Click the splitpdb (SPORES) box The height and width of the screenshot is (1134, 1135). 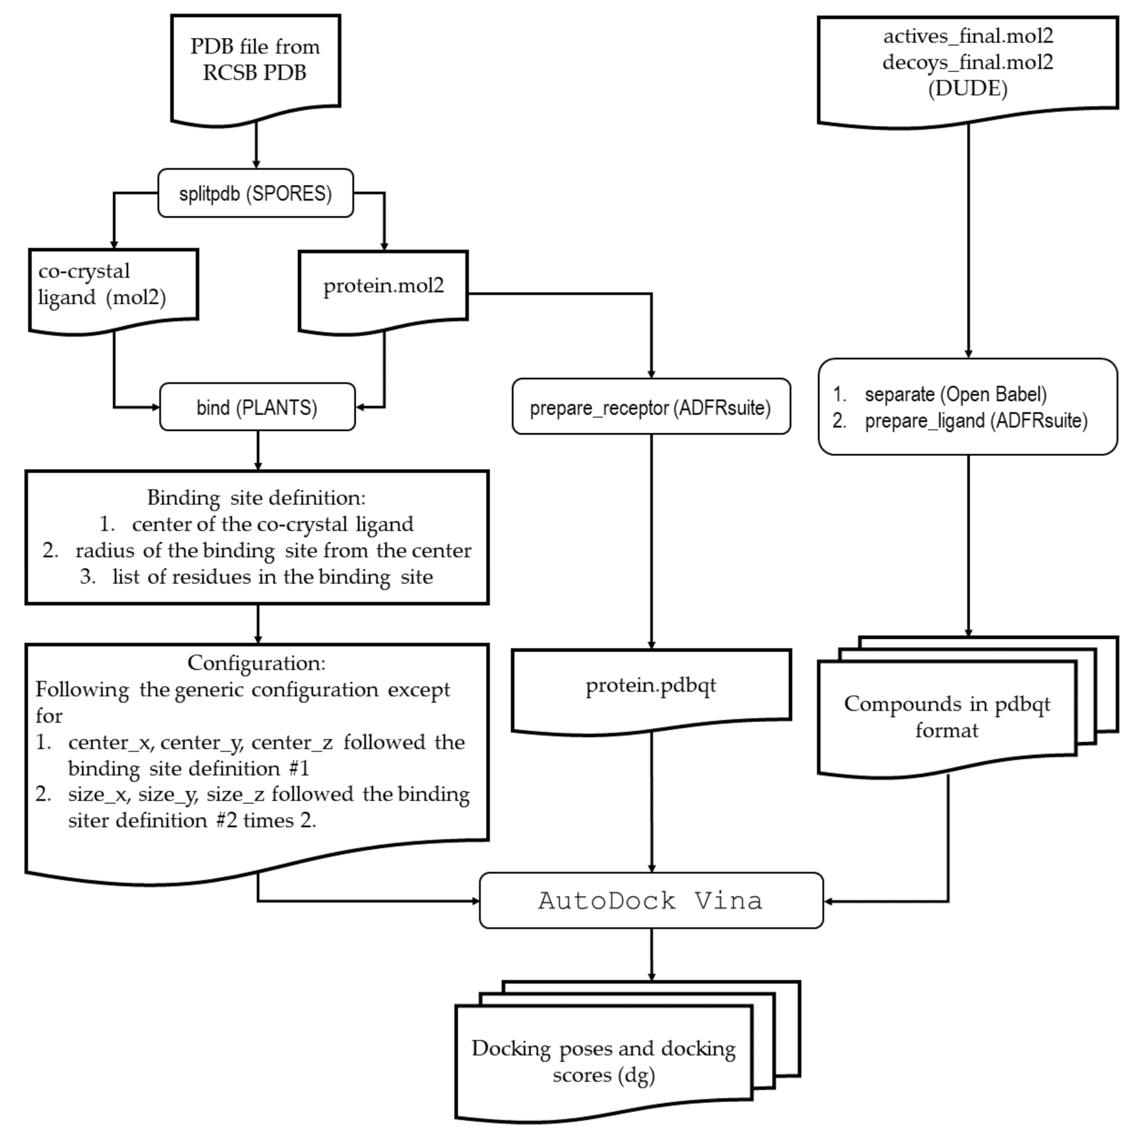[x=255, y=193]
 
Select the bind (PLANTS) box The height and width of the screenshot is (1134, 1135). [x=257, y=408]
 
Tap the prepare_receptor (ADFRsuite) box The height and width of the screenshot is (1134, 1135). [x=651, y=407]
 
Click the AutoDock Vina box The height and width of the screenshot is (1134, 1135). [x=651, y=900]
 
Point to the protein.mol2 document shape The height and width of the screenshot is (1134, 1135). [x=383, y=287]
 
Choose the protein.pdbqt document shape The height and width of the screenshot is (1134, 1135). [x=651, y=686]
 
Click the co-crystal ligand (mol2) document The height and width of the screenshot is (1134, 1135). [x=102, y=285]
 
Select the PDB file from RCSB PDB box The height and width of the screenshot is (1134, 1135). [x=255, y=60]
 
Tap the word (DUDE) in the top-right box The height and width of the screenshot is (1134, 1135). [x=968, y=88]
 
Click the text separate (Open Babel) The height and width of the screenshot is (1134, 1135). [x=955, y=394]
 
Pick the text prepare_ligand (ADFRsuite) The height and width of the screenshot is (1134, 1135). [x=976, y=420]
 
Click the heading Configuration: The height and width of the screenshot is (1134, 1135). [x=256, y=663]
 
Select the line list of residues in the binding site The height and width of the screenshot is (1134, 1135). [x=273, y=577]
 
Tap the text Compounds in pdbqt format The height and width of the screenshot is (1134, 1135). [x=947, y=717]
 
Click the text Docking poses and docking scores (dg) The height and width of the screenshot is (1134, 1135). [x=603, y=1061]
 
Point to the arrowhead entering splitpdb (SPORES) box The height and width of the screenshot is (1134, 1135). [x=256, y=164]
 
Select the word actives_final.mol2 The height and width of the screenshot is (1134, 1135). [x=968, y=36]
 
